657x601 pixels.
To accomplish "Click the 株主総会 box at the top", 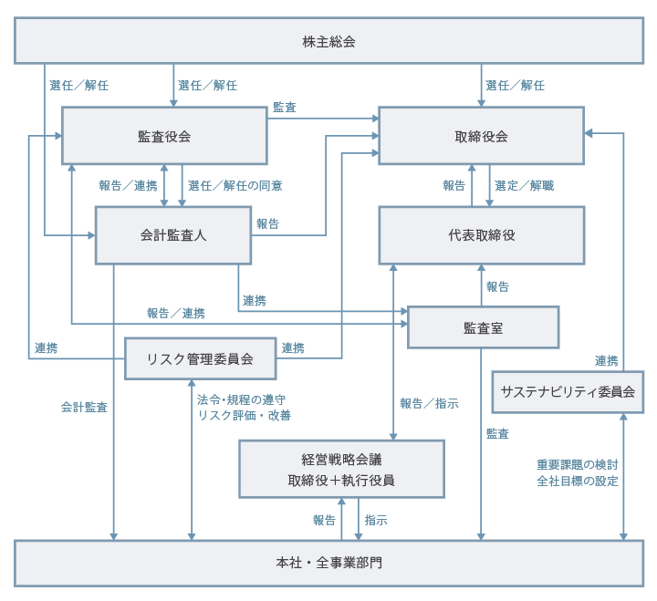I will pyautogui.click(x=328, y=41).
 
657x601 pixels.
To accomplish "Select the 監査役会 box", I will pyautogui.click(x=164, y=136).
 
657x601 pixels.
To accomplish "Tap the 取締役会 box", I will pyautogui.click(x=481, y=136).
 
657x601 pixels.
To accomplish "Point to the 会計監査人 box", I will pyautogui.click(x=173, y=234).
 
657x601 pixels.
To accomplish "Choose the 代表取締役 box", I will pyautogui.click(x=481, y=234).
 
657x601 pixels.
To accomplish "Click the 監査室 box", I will pyautogui.click(x=483, y=326).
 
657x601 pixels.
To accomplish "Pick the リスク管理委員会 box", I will pyautogui.click(x=200, y=358).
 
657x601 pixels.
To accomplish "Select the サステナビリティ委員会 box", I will pyautogui.click(x=568, y=391).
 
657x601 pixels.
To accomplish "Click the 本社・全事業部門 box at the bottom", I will pyautogui.click(x=328, y=563).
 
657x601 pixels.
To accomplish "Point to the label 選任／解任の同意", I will pyautogui.click(x=235, y=185).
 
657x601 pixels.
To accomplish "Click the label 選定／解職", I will pyautogui.click(x=524, y=185).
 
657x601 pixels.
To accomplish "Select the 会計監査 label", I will pyautogui.click(x=84, y=407).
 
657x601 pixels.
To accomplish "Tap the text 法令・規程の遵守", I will pyautogui.click(x=242, y=399).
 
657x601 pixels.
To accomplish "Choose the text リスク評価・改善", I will pyautogui.click(x=244, y=415).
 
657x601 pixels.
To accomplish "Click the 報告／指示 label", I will pyautogui.click(x=429, y=403).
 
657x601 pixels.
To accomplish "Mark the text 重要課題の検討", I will pyautogui.click(x=578, y=464).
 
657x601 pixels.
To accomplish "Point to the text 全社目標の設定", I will pyautogui.click(x=578, y=481).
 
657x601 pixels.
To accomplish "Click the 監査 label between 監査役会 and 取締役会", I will pyautogui.click(x=284, y=108).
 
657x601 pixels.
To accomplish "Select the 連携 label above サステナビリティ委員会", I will pyautogui.click(x=607, y=359).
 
